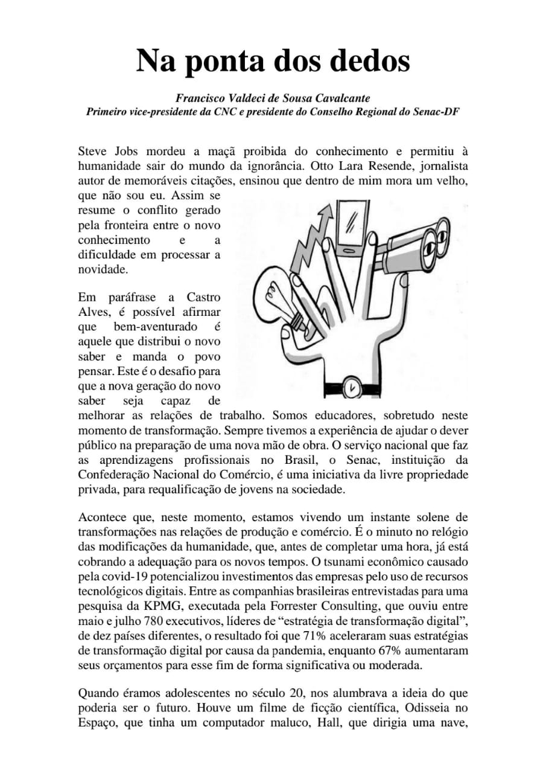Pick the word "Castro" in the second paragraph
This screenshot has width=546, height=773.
(203, 298)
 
